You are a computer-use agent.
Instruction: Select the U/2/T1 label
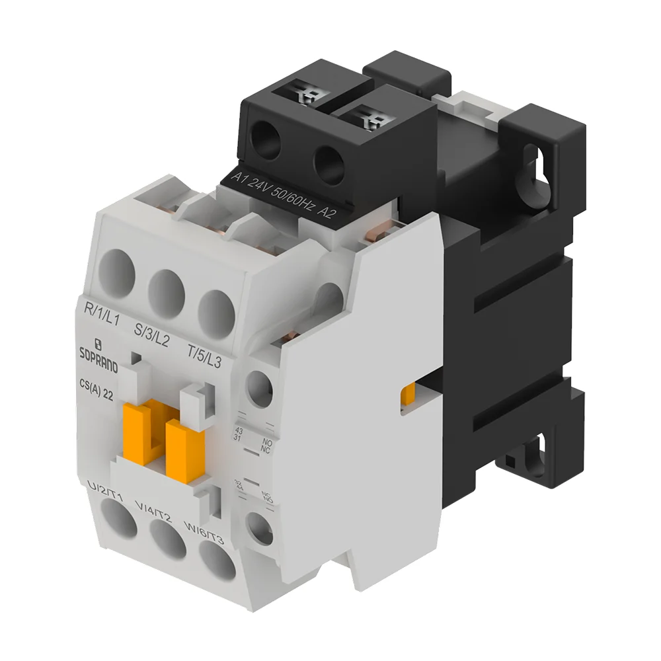tap(105, 490)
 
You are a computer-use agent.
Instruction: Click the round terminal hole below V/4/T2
tap(167, 540)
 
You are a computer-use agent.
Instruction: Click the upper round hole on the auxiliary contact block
tap(260, 385)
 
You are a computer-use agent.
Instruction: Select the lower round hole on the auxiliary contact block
tap(258, 527)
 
